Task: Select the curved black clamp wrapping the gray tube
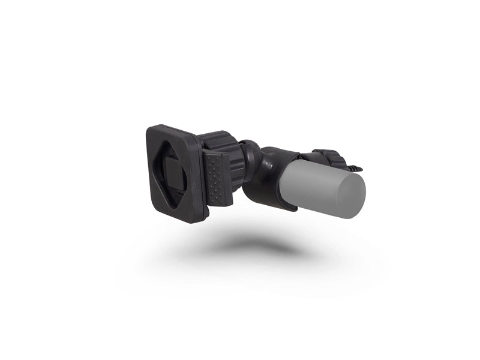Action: coord(267,180)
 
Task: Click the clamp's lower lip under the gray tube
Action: coord(282,208)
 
